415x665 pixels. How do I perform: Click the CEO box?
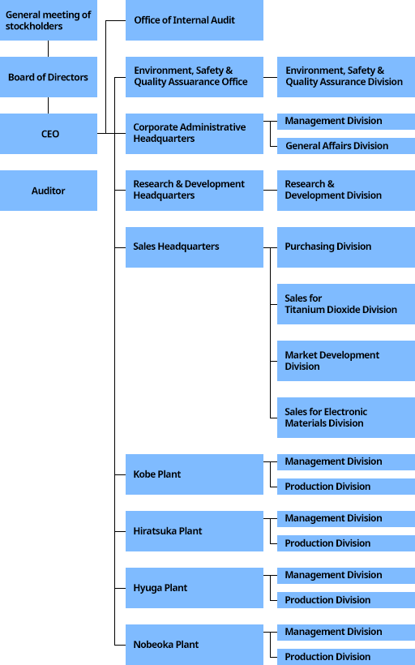49,134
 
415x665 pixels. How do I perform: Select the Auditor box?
49,191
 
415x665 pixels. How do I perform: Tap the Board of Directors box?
49,77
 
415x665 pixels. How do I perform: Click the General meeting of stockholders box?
49,20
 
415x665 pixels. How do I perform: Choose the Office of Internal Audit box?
195,20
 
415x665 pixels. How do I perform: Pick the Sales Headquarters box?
195,247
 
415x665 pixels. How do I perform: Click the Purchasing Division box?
346,247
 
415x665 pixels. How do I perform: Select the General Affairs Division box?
346,146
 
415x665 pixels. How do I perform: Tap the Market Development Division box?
346,361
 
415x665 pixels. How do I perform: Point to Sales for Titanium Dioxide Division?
346,304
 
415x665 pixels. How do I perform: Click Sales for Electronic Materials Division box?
346,418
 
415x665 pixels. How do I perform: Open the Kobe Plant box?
195,474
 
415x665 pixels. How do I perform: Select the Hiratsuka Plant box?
195,531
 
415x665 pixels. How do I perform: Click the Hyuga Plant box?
195,588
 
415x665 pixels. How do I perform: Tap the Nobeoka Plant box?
195,645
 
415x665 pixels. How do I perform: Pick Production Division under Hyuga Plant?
346,600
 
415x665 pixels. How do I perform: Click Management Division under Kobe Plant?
346,462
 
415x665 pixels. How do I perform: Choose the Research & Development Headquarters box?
195,191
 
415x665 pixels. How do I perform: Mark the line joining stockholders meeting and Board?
49,49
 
